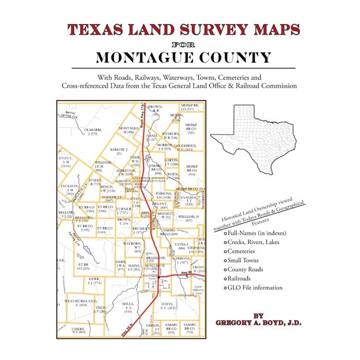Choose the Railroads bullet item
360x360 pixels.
point(244,278)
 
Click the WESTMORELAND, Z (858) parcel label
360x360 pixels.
point(76,303)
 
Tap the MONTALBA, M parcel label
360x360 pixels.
point(129,129)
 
